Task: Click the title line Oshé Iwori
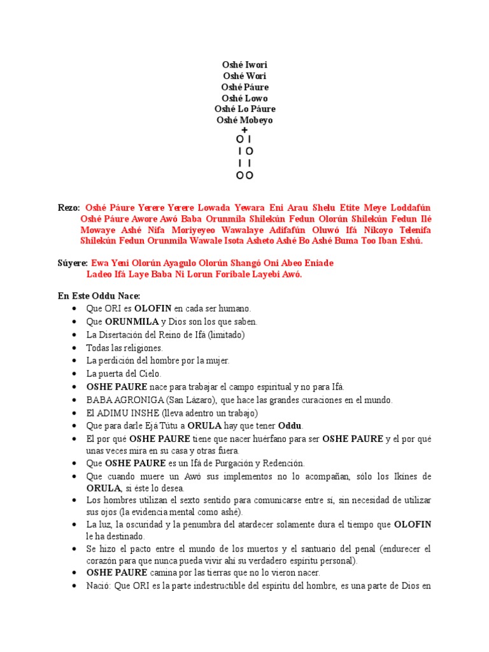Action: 244,65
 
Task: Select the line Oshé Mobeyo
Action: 244,120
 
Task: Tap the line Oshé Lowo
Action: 244,98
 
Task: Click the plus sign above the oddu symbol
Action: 244,130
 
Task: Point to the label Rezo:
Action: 68,208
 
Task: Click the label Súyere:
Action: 72,263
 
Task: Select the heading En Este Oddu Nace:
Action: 98,296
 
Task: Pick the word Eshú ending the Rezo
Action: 409,241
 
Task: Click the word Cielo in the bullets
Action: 147,374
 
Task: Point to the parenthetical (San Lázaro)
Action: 185,400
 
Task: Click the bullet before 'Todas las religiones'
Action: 75,348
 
